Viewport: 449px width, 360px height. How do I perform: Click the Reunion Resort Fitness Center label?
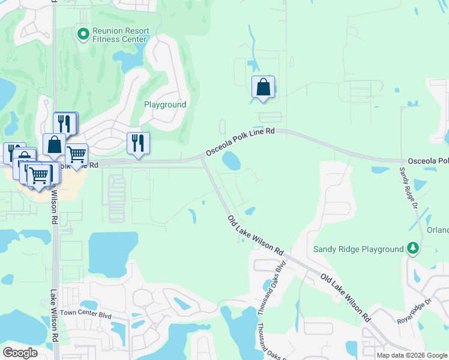(x=119, y=35)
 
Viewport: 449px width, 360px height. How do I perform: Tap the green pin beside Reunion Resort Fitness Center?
(x=83, y=34)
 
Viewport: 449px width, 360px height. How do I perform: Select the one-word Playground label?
(x=165, y=104)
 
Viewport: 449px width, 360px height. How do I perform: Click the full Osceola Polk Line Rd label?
(x=240, y=142)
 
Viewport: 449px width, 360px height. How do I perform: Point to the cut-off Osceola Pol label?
(x=428, y=161)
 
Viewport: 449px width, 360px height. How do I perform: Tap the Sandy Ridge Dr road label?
(x=409, y=188)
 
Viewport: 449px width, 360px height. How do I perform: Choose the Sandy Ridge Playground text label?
(x=358, y=249)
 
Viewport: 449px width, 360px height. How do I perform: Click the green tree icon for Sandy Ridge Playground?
(x=412, y=248)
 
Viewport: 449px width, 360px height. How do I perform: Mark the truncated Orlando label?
(x=437, y=230)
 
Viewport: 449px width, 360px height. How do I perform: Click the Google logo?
(x=20, y=352)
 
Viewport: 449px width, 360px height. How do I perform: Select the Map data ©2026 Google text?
(x=412, y=355)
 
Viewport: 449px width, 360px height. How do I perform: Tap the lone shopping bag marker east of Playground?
(x=263, y=88)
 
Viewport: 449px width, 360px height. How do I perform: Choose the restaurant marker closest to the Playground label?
(x=138, y=144)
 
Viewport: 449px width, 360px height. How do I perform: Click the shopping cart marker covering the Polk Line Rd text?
(x=76, y=155)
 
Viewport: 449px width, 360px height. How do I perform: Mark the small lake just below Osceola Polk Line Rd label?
(x=231, y=160)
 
